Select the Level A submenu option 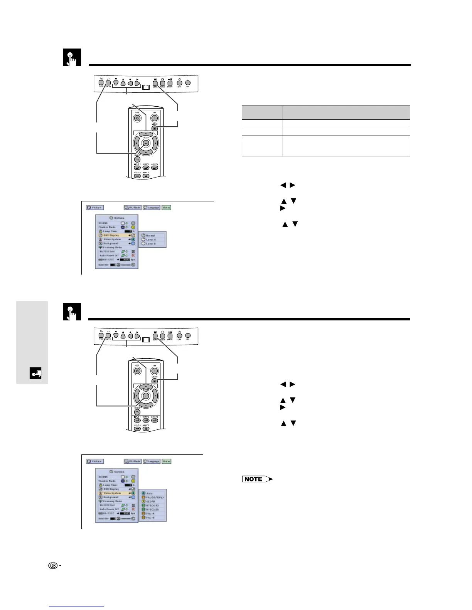(151, 240)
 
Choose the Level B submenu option (151, 244)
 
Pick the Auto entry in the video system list (149, 493)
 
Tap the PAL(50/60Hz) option (154, 498)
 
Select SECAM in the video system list (150, 501)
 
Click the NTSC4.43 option (152, 506)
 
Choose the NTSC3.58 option (152, 509)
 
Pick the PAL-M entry (151, 514)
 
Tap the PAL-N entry (151, 518)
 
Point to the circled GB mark (53, 566)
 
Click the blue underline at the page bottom (77, 607)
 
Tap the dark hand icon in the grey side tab (35, 373)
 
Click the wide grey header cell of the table (346, 112)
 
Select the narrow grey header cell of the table (262, 112)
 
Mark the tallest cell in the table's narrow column (262, 146)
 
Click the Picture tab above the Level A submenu (95, 208)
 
